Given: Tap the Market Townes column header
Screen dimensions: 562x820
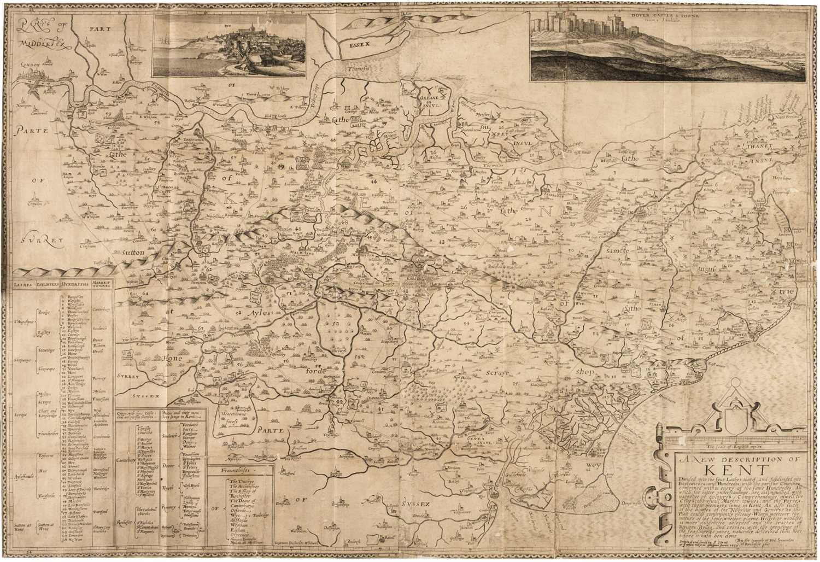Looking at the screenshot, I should tap(101, 285).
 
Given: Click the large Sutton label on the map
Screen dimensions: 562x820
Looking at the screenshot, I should tap(128, 253).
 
